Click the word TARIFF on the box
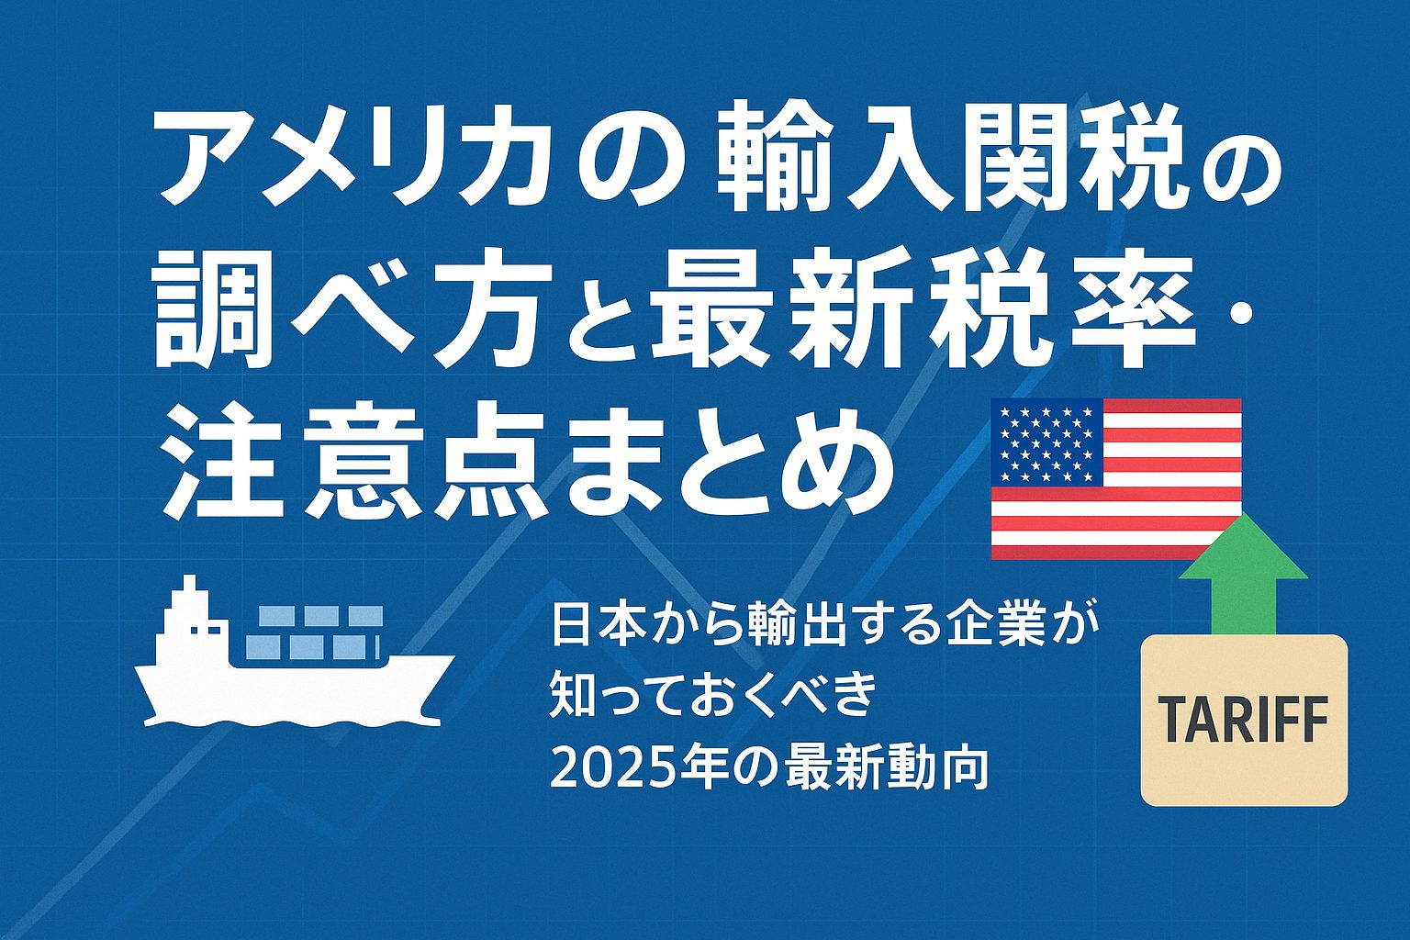pyautogui.click(x=1243, y=721)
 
